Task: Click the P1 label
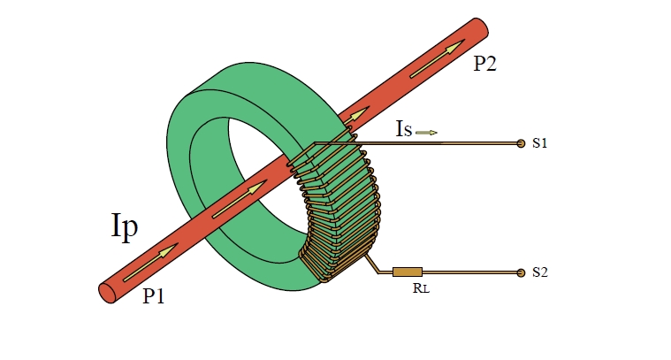pos(154,297)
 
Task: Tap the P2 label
pos(484,65)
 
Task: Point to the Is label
pos(403,132)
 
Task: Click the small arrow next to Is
pos(426,133)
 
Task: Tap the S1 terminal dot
pos(521,142)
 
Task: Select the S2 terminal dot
pos(521,272)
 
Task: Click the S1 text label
pos(541,142)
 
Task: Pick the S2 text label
pos(541,272)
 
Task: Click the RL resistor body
pos(408,272)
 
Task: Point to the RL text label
pos(408,288)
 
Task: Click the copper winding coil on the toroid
pos(340,212)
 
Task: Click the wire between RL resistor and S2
pos(469,272)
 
